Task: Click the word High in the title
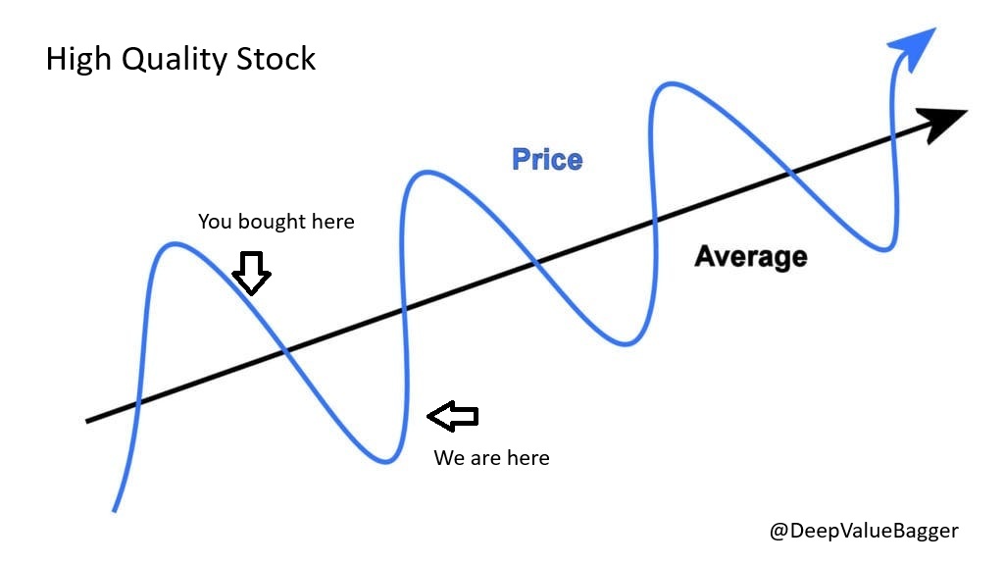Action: [78, 59]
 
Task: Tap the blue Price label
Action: [547, 159]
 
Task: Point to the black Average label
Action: [750, 257]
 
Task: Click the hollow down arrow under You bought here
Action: [252, 273]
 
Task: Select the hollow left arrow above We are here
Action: [453, 416]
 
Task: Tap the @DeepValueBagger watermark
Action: [863, 531]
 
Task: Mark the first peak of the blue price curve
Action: [174, 243]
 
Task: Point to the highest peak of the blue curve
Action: [675, 85]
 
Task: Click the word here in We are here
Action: [527, 458]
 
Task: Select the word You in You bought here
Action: [215, 222]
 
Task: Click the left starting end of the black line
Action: [88, 421]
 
